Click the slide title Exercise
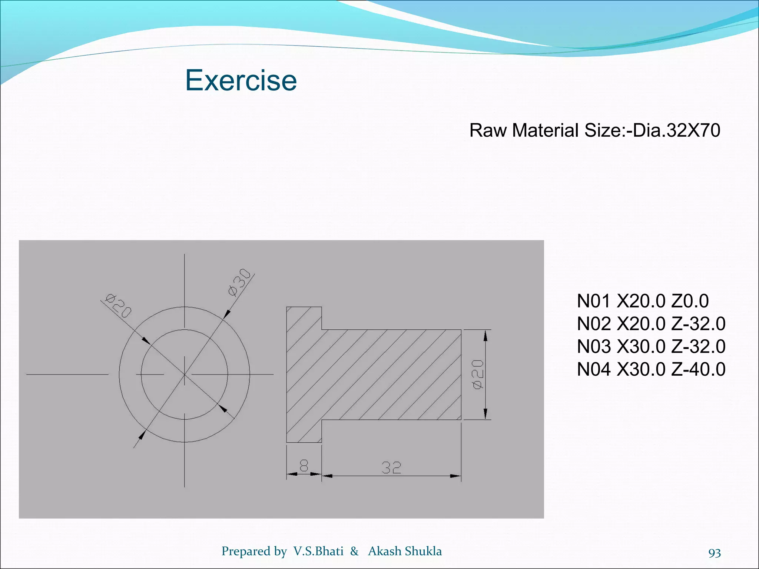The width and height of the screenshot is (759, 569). point(241,80)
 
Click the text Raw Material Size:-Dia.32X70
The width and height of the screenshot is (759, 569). point(594,130)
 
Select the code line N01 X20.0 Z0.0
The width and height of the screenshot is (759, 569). point(643,301)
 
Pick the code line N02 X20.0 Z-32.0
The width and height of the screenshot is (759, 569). point(651,324)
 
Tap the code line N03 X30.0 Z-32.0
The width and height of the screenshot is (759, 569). point(651,347)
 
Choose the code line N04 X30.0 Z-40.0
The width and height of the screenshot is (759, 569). point(651,369)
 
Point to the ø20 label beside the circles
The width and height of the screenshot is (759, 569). point(118,306)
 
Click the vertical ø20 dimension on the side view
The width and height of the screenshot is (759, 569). point(478,374)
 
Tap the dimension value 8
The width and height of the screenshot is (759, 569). point(304,466)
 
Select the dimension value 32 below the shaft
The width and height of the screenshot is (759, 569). point(391,468)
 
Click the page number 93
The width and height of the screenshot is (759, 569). point(714,553)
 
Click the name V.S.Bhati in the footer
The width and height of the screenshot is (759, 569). point(318,551)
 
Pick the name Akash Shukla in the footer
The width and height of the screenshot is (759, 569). point(405,551)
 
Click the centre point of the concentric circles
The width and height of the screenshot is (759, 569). point(185,375)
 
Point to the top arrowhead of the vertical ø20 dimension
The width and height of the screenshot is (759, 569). point(485,335)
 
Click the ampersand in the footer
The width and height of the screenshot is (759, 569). point(354,551)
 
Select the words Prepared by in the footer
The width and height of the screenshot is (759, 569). point(254,552)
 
